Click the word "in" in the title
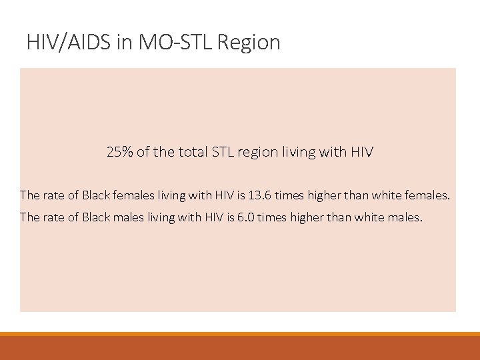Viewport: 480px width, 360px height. click(127, 43)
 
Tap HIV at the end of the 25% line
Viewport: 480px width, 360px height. click(361, 152)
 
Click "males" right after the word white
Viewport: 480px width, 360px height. click(405, 217)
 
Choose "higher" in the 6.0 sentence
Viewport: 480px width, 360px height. click(311, 217)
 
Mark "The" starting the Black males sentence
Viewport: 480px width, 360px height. click(29, 217)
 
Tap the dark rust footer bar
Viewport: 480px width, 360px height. click(240, 348)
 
